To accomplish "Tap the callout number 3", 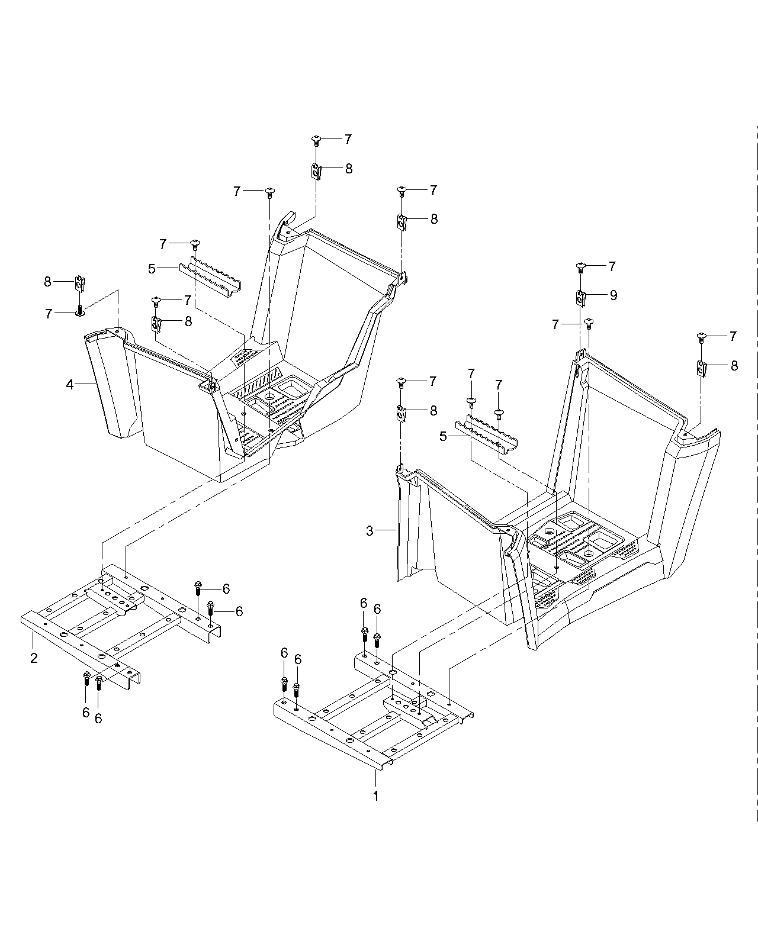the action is pyautogui.click(x=370, y=531).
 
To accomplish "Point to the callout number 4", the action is pyautogui.click(x=70, y=385).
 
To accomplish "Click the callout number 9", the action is pyautogui.click(x=614, y=295).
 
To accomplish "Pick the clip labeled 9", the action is pyautogui.click(x=581, y=299).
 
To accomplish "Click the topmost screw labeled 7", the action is pyautogui.click(x=316, y=141).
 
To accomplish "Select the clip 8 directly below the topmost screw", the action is pyautogui.click(x=316, y=171).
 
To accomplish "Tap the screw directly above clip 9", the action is pyautogui.click(x=581, y=267).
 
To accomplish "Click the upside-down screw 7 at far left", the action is pyautogui.click(x=80, y=311).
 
